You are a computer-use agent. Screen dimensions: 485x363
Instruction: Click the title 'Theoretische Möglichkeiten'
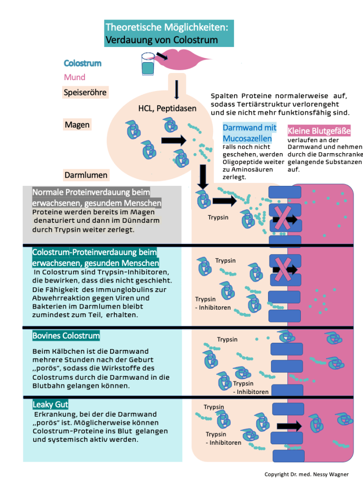tap(167, 27)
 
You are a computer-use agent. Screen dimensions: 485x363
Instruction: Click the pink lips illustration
tap(183, 61)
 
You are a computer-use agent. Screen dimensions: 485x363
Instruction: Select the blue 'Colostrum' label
tap(83, 63)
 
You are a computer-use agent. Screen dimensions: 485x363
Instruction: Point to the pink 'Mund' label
tap(74, 77)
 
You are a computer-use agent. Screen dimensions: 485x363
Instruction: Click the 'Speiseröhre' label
tap(85, 92)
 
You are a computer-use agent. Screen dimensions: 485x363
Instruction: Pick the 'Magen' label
tap(77, 125)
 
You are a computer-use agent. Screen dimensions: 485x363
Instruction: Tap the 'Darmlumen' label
tap(86, 175)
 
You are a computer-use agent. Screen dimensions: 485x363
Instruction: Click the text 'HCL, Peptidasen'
tap(167, 109)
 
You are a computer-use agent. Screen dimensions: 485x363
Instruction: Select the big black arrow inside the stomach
tap(174, 140)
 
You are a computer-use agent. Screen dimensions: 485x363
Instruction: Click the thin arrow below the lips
tap(177, 89)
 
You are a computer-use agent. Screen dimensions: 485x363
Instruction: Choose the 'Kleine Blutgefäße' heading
tap(319, 130)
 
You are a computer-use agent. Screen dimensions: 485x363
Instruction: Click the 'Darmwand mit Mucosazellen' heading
tap(249, 133)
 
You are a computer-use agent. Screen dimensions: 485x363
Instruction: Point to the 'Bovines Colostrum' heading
tap(66, 336)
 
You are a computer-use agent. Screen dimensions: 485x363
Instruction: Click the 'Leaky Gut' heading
tap(50, 404)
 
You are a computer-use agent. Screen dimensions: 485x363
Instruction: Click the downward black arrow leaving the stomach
tap(203, 176)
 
